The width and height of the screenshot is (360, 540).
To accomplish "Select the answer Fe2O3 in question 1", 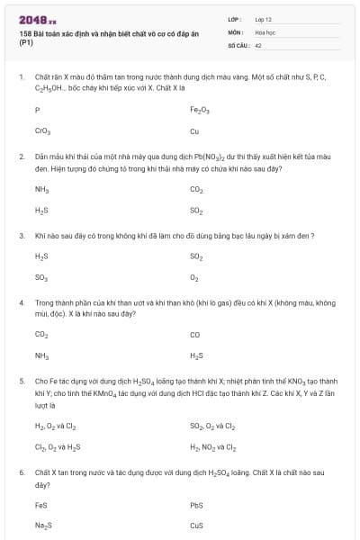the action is (200, 110).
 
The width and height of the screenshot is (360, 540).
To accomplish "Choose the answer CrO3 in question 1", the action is (42, 130).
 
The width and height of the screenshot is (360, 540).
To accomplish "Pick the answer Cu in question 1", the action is (194, 130).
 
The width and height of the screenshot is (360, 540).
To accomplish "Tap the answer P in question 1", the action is (37, 110).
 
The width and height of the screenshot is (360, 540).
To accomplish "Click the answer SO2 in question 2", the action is (197, 210).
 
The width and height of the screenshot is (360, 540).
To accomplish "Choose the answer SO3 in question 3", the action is (41, 277).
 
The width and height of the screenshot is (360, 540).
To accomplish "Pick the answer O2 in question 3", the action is (194, 277).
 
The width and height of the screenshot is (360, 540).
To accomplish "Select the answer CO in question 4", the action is (195, 334).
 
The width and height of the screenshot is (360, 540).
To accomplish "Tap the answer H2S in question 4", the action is (197, 355).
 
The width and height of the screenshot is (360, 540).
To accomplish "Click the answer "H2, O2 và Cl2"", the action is (56, 425).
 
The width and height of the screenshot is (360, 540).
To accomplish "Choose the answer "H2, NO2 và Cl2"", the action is (213, 445).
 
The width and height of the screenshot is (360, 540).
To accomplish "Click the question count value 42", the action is (258, 43).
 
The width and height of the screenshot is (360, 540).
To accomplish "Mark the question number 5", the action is (21, 381).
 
